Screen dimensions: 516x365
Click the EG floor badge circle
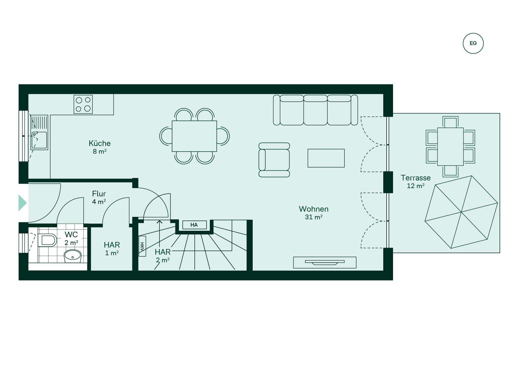(473, 43)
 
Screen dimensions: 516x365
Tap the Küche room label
(100, 143)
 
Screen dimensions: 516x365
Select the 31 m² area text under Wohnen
(314, 217)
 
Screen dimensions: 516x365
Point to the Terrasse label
(415, 178)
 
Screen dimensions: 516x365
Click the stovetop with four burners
(83, 104)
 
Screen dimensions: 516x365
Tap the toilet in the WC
(47, 240)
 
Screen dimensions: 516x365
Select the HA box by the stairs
(194, 225)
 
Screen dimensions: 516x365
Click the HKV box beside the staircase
(142, 246)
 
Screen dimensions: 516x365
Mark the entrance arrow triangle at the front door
(23, 203)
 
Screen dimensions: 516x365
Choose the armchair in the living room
(274, 160)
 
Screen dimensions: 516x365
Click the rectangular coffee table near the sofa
(326, 158)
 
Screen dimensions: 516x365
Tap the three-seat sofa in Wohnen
(315, 110)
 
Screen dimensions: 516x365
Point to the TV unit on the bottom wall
(325, 262)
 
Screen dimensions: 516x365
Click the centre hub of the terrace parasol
(461, 212)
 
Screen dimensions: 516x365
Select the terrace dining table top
(450, 147)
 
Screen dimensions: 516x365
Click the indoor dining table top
(194, 136)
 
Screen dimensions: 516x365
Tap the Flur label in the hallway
(99, 194)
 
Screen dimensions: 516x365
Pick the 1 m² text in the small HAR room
(112, 253)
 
